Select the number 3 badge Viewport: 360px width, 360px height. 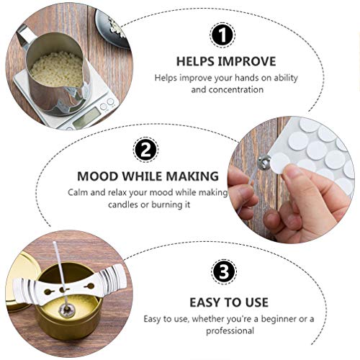tap(224, 273)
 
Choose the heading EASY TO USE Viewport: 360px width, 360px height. tap(229, 302)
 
